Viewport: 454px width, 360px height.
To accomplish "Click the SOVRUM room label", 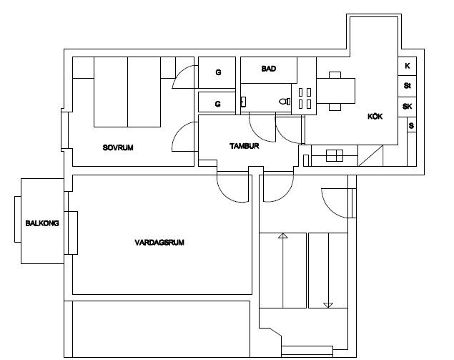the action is [x=118, y=147].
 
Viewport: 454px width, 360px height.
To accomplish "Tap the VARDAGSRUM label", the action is [x=159, y=243].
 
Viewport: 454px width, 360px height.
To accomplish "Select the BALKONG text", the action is [x=42, y=223].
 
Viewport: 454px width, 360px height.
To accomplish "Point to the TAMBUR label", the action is [x=244, y=146].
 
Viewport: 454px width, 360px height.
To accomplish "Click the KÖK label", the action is [x=375, y=116].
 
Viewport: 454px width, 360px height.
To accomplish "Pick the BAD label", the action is [x=269, y=69].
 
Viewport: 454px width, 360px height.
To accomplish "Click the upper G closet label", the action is [x=218, y=72].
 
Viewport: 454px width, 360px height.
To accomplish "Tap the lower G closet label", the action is [x=218, y=104].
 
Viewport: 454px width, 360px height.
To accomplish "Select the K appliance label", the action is [x=408, y=66].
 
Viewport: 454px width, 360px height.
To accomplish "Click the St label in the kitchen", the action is [x=407, y=86].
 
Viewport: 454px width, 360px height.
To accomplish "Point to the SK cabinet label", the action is [x=407, y=107].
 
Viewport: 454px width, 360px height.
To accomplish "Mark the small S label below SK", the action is [x=411, y=126].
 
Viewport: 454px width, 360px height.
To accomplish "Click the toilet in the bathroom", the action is [x=285, y=102].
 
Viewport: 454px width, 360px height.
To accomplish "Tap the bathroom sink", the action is [x=243, y=102].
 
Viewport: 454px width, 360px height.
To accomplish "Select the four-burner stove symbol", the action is [x=305, y=99].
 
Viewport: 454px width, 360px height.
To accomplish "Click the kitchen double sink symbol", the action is [x=335, y=155].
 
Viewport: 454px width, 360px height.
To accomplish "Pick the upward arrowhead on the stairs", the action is [x=283, y=235].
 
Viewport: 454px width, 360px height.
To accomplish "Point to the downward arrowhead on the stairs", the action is [x=328, y=305].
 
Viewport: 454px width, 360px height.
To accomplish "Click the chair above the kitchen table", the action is [x=335, y=75].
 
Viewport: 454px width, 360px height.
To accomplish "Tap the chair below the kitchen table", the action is [x=335, y=107].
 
